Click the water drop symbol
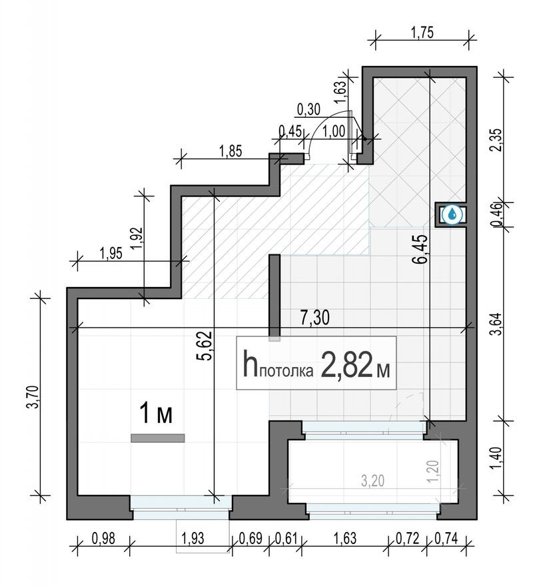(452, 214)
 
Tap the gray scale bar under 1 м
(157, 438)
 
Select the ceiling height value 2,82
(346, 365)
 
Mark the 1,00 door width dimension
(332, 131)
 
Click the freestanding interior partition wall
(274, 296)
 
